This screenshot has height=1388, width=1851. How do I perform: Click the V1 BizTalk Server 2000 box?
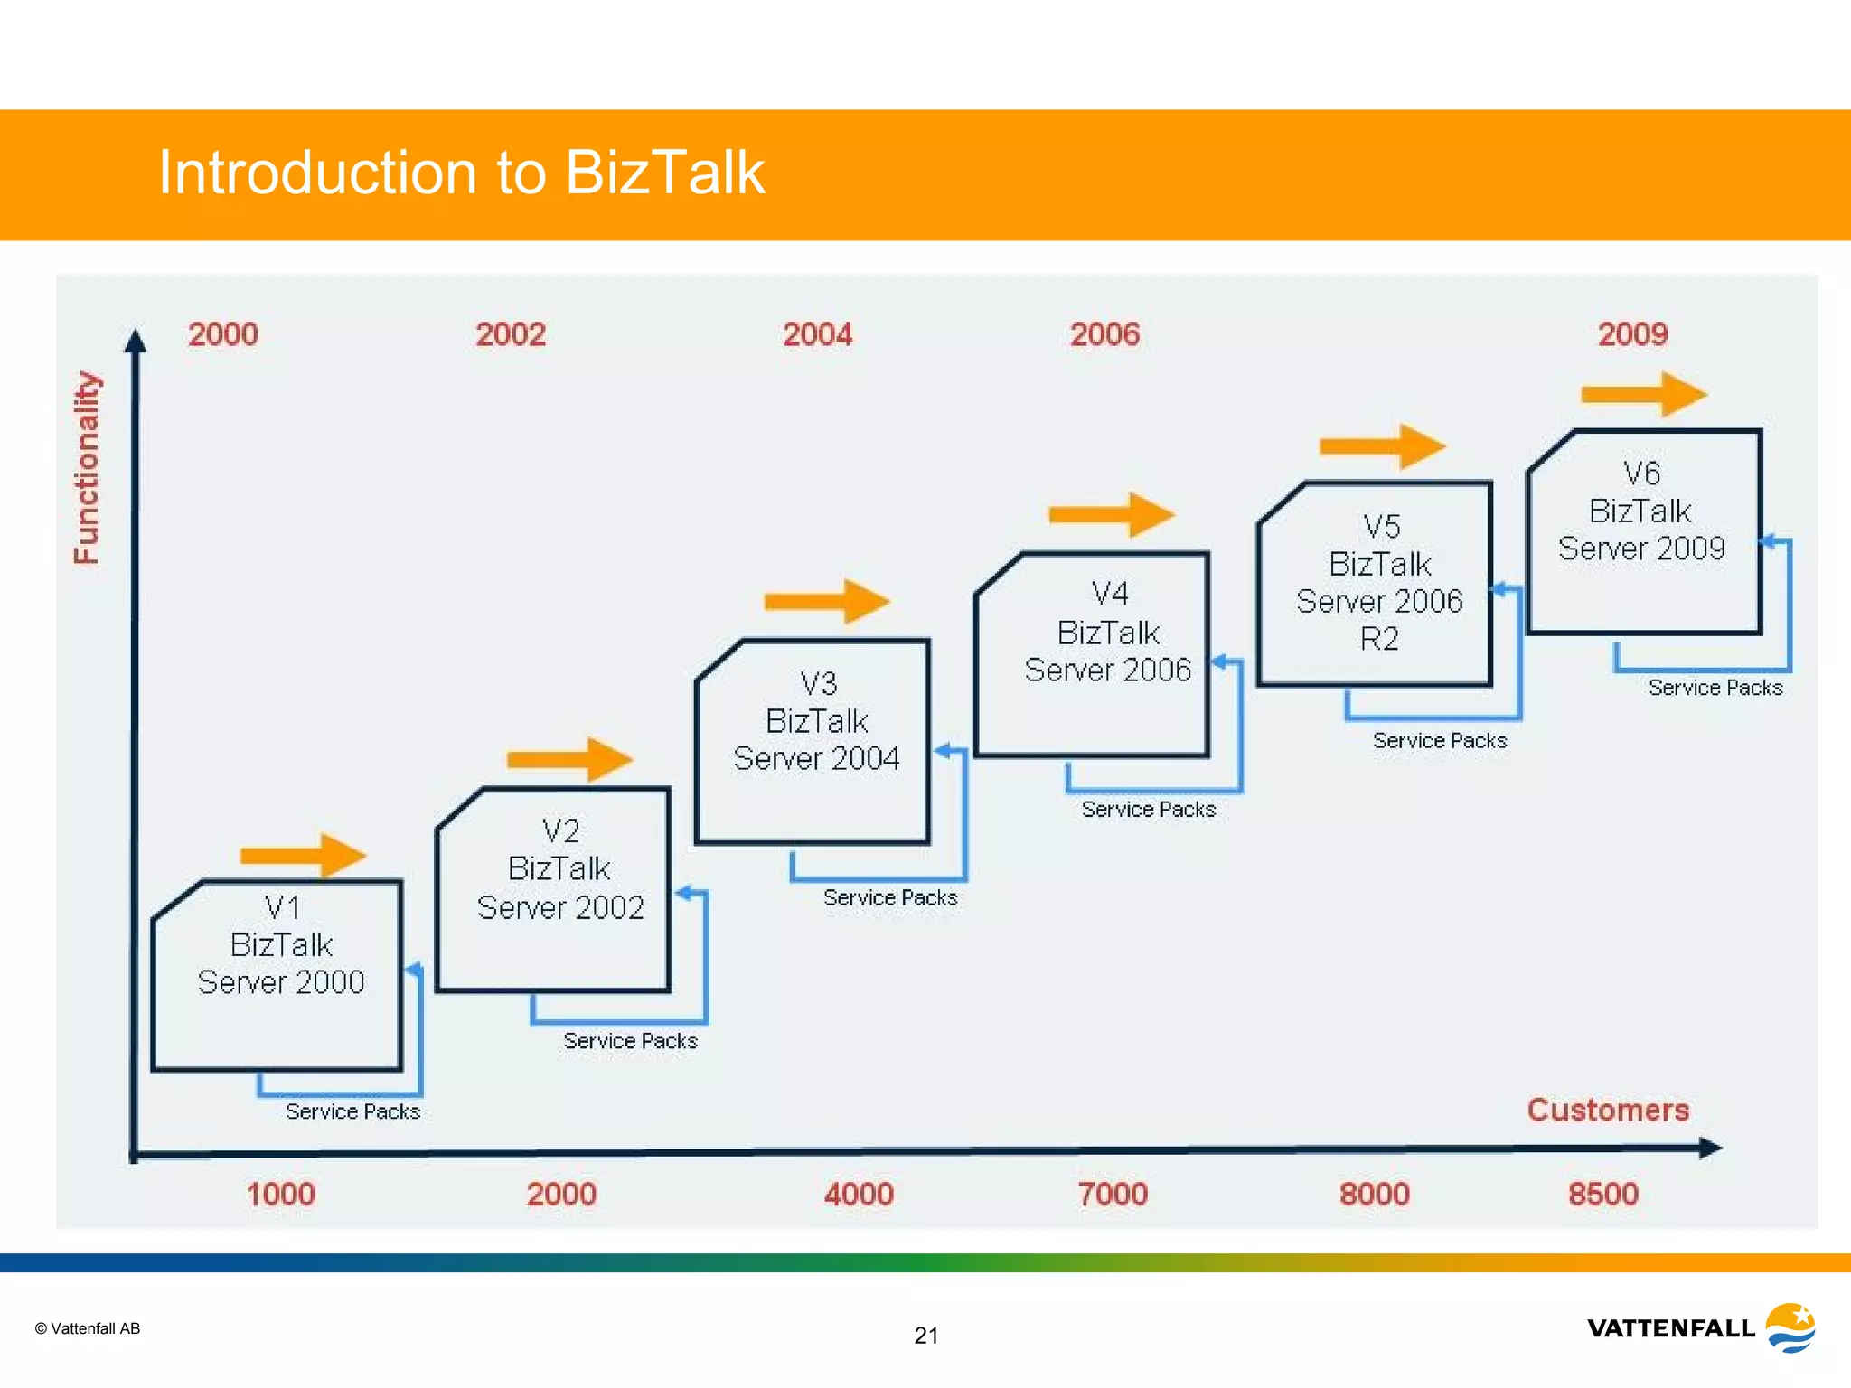(x=277, y=976)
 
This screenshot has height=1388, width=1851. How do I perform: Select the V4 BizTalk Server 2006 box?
(x=1092, y=655)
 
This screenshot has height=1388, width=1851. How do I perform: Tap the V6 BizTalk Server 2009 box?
(x=1643, y=532)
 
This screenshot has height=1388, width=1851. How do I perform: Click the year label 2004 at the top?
(x=817, y=335)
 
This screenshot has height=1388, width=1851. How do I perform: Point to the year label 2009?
(x=1632, y=335)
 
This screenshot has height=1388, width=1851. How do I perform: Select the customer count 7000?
(x=1112, y=1195)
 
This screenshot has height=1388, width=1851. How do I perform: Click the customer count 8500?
(x=1602, y=1195)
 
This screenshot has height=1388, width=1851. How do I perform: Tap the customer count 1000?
(x=280, y=1195)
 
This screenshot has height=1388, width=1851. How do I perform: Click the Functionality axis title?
(x=87, y=468)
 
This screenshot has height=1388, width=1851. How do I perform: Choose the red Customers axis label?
(x=1608, y=1110)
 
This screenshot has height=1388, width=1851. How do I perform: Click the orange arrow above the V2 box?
(x=569, y=759)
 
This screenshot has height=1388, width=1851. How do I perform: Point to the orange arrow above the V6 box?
(x=1643, y=395)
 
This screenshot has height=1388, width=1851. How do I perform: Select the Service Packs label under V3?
(x=889, y=897)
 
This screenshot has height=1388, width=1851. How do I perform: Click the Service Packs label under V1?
(x=352, y=1111)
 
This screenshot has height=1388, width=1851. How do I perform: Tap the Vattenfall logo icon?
(x=1790, y=1327)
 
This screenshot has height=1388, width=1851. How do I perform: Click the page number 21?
(x=926, y=1336)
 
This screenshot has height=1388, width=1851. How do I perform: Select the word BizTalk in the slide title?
(x=664, y=172)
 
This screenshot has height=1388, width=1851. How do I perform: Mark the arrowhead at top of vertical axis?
(x=136, y=341)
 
